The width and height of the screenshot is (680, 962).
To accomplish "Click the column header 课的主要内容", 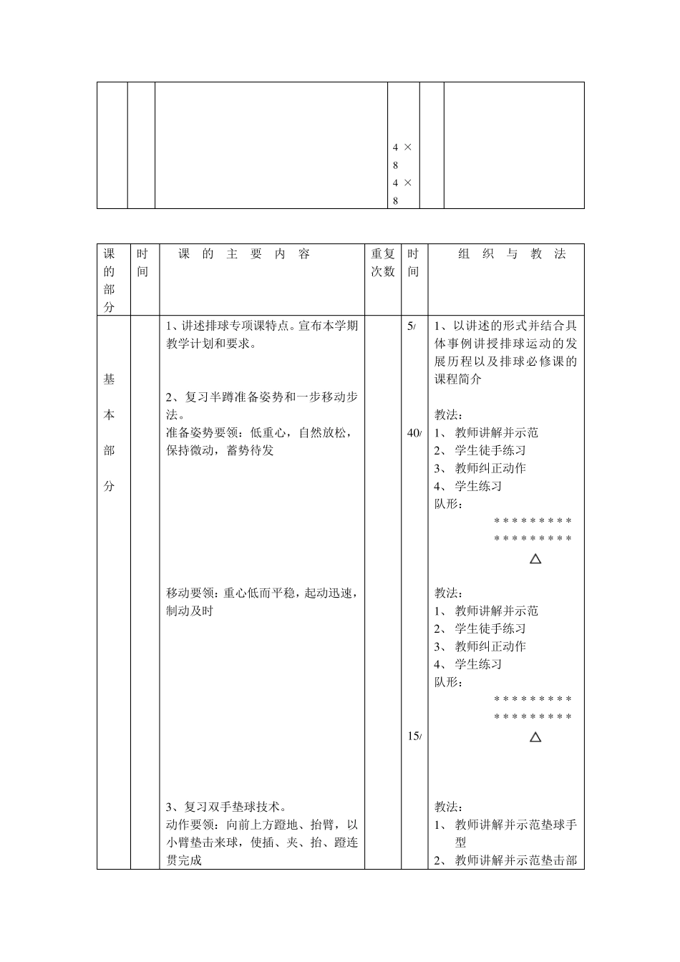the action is (244, 254).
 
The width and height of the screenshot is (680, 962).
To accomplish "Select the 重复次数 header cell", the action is (382, 263).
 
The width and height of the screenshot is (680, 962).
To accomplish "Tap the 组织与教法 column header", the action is (512, 254).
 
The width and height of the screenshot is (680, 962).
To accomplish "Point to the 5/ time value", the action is (411, 326).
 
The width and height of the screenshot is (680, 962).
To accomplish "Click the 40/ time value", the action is (414, 433).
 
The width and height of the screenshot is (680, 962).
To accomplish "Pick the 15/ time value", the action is (414, 737).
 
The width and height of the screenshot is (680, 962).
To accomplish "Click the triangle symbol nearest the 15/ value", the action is (535, 737).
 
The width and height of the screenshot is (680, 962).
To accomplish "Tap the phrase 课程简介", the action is (458, 379).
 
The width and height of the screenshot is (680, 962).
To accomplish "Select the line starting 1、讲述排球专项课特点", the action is (262, 326).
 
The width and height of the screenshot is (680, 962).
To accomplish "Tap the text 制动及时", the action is (190, 611).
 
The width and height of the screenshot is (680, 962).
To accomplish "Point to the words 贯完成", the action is (184, 861).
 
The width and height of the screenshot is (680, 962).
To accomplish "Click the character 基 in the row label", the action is (109, 379).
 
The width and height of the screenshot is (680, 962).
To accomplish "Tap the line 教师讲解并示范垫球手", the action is (515, 825).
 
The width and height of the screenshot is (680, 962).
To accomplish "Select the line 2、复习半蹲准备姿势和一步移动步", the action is (262, 397).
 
